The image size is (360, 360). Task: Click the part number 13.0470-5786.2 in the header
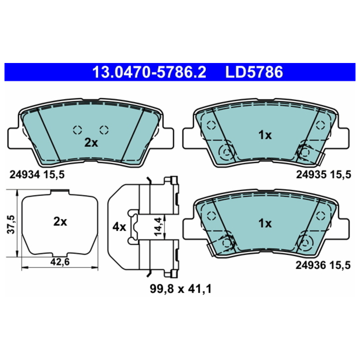[149, 72]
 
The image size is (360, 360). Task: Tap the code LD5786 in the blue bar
[254, 72]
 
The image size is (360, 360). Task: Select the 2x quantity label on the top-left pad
[91, 143]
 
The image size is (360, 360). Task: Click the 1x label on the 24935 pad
[265, 135]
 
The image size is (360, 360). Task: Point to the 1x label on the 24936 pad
[265, 223]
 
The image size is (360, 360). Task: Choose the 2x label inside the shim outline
[60, 221]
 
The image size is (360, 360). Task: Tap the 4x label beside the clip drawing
[119, 227]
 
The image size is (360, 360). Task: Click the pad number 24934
[25, 175]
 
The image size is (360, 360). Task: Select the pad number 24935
[311, 175]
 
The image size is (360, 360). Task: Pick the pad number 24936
[311, 265]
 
